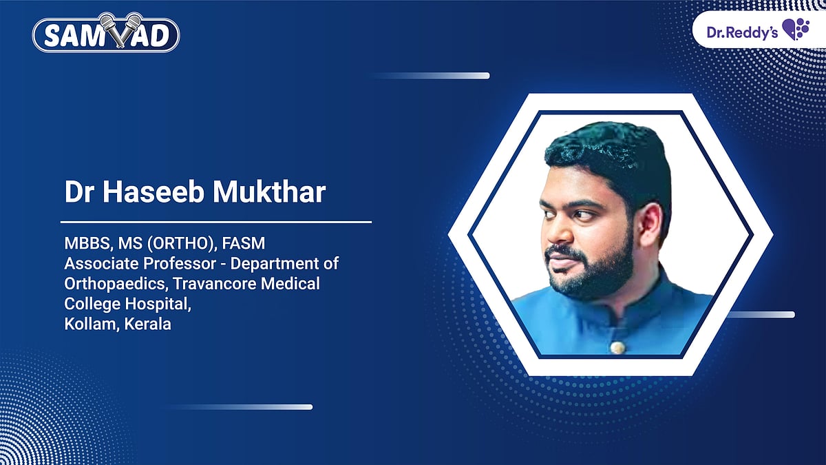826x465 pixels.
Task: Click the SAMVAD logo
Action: coord(106,34)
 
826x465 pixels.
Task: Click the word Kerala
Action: coord(147,324)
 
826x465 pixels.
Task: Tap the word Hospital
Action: coord(157,304)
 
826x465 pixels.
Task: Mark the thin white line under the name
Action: coord(216,222)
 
